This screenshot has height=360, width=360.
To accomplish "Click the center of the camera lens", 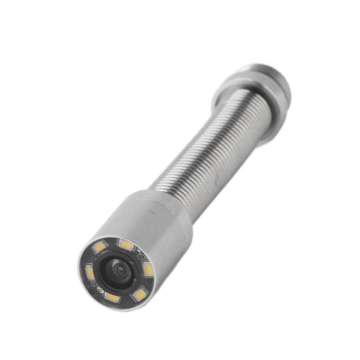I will point(120,270).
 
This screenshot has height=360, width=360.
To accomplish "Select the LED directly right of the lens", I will point(148,270).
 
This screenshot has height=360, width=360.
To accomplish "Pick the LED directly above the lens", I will point(126,245).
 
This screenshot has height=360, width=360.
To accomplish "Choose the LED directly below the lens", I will point(112,297).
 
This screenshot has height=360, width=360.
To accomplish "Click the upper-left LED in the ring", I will point(99,247).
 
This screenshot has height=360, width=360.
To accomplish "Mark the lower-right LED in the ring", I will point(140,294).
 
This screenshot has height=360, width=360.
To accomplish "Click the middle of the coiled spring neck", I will point(211,141).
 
